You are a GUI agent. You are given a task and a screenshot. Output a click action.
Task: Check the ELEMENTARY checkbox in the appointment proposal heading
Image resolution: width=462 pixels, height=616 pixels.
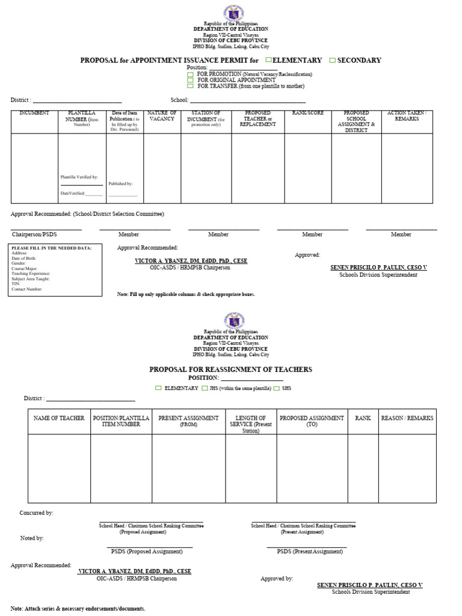269,60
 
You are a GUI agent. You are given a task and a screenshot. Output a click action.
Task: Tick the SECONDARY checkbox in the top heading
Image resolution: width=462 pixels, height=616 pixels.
332,60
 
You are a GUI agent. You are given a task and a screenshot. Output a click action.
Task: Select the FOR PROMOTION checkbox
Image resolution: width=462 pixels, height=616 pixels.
190,74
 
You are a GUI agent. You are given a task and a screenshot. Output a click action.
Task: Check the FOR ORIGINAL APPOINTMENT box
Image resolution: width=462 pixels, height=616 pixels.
190,80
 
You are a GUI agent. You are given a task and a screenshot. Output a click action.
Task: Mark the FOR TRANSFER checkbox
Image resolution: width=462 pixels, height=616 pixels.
190,86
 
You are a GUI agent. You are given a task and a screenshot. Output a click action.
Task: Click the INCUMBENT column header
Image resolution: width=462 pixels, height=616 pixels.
34,113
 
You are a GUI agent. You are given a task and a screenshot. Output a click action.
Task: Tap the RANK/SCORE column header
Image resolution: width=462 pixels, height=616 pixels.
308,113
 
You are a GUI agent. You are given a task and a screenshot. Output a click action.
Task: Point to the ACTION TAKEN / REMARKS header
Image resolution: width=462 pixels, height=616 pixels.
407,116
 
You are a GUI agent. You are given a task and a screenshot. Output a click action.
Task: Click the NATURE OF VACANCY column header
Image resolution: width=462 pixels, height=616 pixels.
162,116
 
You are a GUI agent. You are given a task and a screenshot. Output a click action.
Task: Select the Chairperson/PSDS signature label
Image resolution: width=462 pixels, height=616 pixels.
30,235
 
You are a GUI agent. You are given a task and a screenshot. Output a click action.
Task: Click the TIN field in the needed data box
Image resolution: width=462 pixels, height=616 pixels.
16,284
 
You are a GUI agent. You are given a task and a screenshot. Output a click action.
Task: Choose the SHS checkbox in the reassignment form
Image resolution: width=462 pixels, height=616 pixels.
277,389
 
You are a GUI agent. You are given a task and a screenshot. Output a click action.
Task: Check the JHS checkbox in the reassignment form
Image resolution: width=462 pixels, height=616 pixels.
205,389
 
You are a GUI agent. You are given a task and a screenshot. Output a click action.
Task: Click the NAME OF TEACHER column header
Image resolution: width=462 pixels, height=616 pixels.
59,418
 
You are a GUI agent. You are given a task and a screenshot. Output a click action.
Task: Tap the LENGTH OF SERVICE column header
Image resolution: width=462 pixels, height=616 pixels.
251,424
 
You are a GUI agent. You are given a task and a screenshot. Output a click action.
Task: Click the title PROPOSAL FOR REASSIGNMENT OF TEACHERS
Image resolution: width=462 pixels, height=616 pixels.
230,369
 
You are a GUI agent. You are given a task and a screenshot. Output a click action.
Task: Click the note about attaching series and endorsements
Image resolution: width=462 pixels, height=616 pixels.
78,609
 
